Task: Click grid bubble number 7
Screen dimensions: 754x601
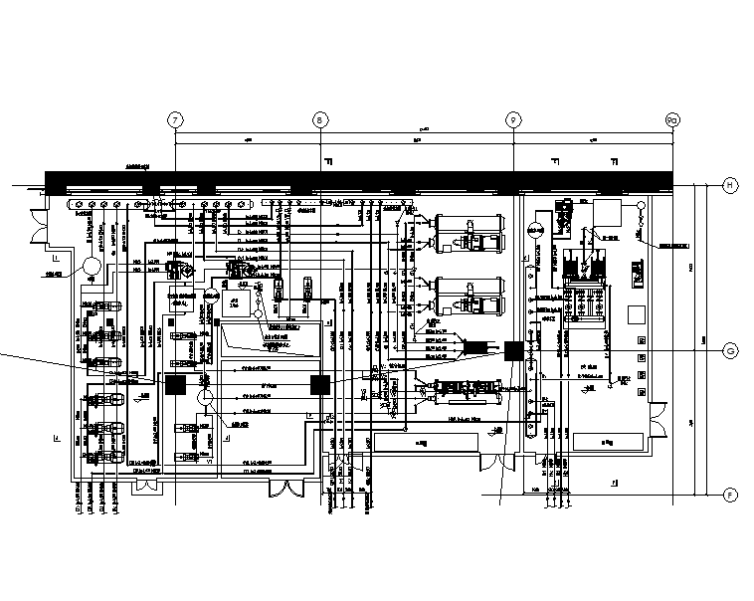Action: (x=176, y=119)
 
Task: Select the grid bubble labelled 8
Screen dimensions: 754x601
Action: (x=320, y=119)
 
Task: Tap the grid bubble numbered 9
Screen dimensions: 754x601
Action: (x=513, y=119)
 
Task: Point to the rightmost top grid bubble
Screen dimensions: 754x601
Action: (x=672, y=119)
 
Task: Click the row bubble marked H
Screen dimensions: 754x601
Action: (x=728, y=186)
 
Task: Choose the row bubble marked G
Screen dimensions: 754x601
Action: (x=728, y=351)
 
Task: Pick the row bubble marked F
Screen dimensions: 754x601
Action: (x=728, y=495)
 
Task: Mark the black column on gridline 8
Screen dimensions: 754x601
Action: (x=320, y=385)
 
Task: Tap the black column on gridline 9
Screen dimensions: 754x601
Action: (x=514, y=350)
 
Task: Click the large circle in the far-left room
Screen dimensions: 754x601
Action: (x=91, y=268)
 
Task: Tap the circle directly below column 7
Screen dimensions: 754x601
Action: (x=205, y=398)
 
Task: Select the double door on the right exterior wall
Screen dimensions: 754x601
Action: (x=658, y=417)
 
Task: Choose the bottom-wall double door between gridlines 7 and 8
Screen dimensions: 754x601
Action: (x=287, y=489)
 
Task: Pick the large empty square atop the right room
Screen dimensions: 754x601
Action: (x=608, y=212)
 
